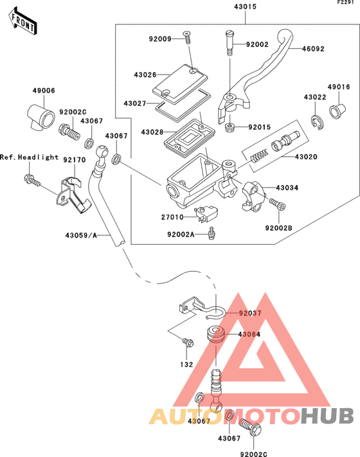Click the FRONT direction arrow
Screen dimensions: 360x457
23,21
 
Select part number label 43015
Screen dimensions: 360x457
245,6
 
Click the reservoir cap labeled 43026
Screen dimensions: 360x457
180,84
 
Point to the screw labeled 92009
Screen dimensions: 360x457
187,37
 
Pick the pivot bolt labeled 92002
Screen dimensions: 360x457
229,43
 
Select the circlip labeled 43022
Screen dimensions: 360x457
317,122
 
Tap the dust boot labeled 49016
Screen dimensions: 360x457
337,111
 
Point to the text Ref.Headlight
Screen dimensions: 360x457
29,157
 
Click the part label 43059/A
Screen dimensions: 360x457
81,235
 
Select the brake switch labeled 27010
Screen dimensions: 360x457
206,213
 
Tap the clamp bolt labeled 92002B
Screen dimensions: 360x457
277,204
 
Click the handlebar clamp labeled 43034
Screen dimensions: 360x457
253,195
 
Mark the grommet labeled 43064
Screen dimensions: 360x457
215,335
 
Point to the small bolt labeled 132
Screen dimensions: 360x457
188,342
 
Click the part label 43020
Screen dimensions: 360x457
306,157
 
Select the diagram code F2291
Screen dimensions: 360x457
345,3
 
